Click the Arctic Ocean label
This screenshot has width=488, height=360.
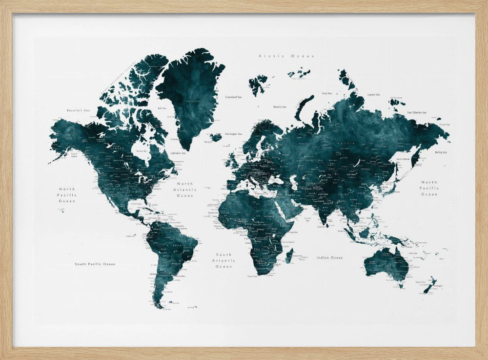tap(286, 56)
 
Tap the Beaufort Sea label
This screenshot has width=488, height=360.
tap(79, 110)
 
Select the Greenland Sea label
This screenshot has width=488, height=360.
tap(233, 97)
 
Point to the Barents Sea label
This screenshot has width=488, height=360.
tap(280, 106)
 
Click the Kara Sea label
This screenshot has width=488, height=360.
tap(326, 93)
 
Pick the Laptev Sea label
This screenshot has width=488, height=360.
tap(374, 94)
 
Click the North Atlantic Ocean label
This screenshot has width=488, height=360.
tap(185, 190)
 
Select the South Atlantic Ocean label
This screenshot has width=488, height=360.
tap(224, 260)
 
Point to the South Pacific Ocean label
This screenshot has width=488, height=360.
tap(95, 264)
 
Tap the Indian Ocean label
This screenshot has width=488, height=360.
tap(329, 257)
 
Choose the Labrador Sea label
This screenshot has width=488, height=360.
tap(176, 153)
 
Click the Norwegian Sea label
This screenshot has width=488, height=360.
tap(234, 133)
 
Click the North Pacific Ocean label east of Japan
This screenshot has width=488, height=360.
tap(429, 188)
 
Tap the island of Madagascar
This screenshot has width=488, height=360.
tap(289, 255)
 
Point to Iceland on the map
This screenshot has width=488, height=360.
tap(216, 137)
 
